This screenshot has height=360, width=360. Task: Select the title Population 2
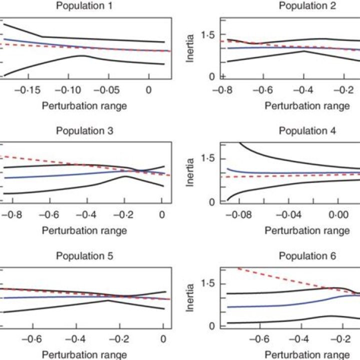[x=307, y=6]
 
